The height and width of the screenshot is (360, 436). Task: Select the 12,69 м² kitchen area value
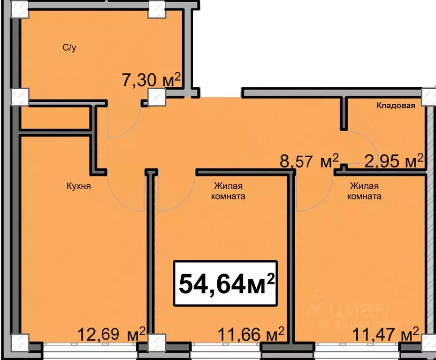click(x=112, y=335)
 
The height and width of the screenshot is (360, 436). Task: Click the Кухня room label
click(x=78, y=186)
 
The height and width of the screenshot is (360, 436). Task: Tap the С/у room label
click(x=70, y=47)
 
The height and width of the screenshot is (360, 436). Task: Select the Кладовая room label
click(x=396, y=106)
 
